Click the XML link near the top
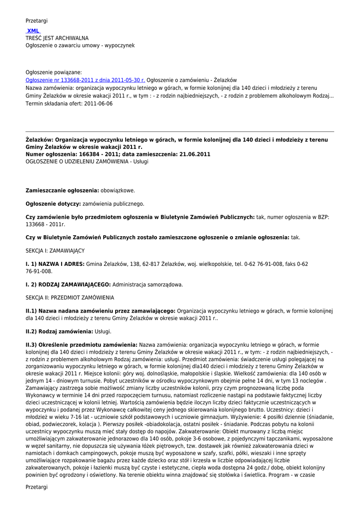[x=33, y=31]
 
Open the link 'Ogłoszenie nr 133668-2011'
[x=85, y=80]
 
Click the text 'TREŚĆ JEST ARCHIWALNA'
[x=57, y=38]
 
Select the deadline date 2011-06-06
[x=98, y=104]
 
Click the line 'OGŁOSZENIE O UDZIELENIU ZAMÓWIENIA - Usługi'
[x=87, y=161]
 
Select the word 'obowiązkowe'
[x=117, y=190]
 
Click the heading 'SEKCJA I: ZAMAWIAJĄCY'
[x=55, y=251]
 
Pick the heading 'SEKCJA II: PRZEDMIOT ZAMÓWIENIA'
[x=70, y=298]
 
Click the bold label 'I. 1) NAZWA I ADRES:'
[x=55, y=264]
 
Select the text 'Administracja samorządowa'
[x=147, y=285]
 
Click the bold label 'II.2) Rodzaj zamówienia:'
[x=60, y=331]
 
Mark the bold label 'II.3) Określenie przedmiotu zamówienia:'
[x=81, y=344]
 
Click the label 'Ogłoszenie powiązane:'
[x=54, y=72]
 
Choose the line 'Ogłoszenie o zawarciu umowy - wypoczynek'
[x=80, y=45]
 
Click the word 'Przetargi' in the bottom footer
[x=37, y=487]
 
